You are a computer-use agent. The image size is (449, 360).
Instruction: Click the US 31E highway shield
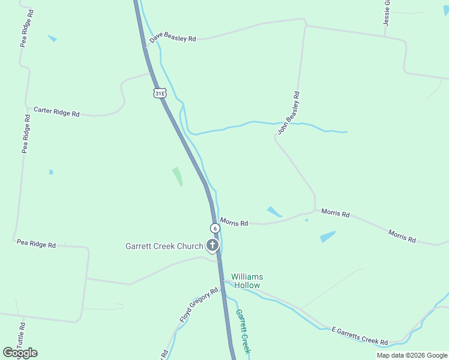(x=159, y=93)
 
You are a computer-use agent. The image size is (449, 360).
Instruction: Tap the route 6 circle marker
(x=215, y=228)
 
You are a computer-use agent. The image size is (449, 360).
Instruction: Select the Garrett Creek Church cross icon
(x=212, y=245)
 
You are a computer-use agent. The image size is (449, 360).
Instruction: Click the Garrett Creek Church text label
(x=164, y=246)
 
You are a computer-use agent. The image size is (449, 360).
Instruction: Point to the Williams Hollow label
(x=247, y=281)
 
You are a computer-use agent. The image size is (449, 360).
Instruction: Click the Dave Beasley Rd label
(x=173, y=38)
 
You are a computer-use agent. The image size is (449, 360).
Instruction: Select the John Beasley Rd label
(x=288, y=112)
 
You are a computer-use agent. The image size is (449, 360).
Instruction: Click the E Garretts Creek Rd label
(x=360, y=336)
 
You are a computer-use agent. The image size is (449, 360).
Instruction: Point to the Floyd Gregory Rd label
(x=199, y=305)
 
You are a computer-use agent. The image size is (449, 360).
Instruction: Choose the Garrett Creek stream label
(x=243, y=331)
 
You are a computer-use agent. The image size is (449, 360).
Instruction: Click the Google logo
(x=20, y=353)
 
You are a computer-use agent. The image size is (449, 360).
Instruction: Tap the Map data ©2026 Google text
(x=412, y=355)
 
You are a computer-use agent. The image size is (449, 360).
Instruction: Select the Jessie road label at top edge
(x=387, y=12)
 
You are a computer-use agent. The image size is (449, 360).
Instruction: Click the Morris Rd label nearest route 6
(x=234, y=223)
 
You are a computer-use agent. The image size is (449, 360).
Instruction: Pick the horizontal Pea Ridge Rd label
(x=36, y=244)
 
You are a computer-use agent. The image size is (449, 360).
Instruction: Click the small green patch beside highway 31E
(x=178, y=176)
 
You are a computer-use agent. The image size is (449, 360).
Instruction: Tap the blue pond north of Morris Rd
(x=274, y=212)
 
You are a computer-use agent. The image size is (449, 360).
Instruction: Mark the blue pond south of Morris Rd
(x=328, y=236)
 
